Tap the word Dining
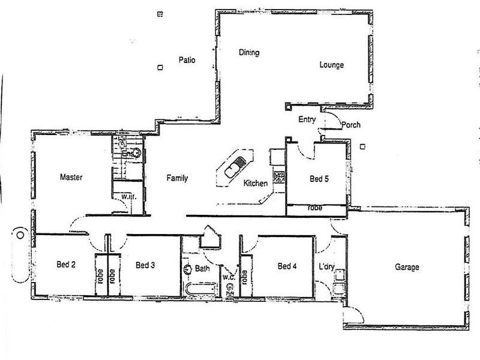pos(248,53)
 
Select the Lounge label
pos(331,65)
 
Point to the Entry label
pos(307,120)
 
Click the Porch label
pos(350,125)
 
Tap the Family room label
pos(177,178)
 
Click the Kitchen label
pos(255,184)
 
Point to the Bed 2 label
pos(66,265)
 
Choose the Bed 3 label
pos(146,265)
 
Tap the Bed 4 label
pos(287,266)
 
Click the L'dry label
pos(326,266)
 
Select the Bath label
pos(202,269)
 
